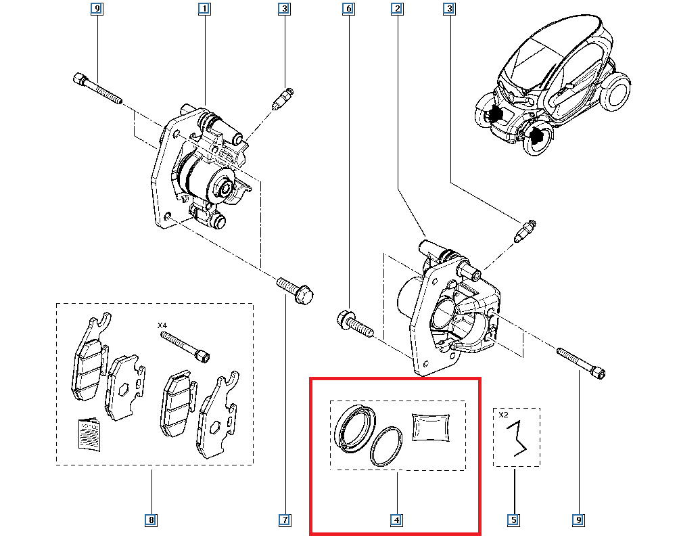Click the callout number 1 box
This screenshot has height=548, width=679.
(204, 9)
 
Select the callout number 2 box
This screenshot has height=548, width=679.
(397, 9)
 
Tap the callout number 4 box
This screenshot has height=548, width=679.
(397, 520)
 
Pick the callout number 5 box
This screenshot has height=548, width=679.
(514, 520)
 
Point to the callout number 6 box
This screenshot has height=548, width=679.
(348, 9)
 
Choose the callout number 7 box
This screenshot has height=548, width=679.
(285, 520)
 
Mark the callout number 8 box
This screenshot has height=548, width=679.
(151, 520)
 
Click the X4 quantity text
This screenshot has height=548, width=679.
(162, 325)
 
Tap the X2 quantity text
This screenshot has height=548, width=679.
(503, 415)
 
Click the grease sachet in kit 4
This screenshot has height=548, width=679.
(431, 428)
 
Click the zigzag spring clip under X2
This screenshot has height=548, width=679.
(519, 438)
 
